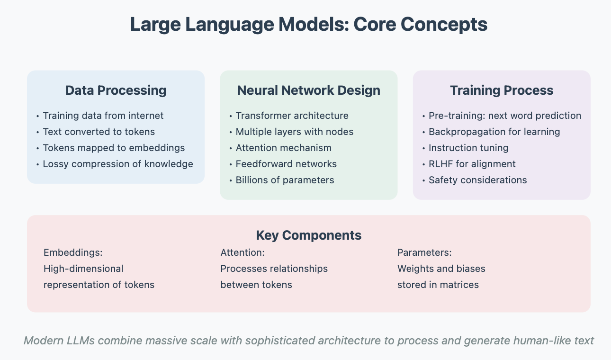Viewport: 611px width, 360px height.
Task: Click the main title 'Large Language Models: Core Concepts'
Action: pyautogui.click(x=309, y=25)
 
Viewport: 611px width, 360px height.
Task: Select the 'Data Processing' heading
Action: pyautogui.click(x=116, y=90)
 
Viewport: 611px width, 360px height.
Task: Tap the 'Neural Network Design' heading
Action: pyautogui.click(x=309, y=90)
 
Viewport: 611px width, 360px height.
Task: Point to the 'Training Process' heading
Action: pyautogui.click(x=502, y=90)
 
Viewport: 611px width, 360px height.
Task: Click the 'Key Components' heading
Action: pyautogui.click(x=309, y=235)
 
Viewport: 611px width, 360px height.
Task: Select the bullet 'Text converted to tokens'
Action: pyautogui.click(x=99, y=132)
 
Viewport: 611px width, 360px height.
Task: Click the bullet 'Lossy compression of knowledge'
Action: pyautogui.click(x=118, y=164)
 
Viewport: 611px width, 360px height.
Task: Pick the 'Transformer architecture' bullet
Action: pyautogui.click(x=292, y=116)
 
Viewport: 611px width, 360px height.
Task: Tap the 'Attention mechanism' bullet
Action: pyautogui.click(x=284, y=148)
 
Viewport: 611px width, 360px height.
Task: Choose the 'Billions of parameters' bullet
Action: pyautogui.click(x=285, y=180)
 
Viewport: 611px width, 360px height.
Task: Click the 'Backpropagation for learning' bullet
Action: pyautogui.click(x=494, y=132)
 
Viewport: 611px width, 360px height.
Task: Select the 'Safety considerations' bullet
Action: pyautogui.click(x=477, y=180)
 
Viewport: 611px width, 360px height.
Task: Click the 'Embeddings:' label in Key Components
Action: pyautogui.click(x=73, y=252)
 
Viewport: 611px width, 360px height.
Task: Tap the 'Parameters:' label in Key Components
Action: pyautogui.click(x=424, y=252)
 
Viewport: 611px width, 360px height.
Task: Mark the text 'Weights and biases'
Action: pyautogui.click(x=441, y=269)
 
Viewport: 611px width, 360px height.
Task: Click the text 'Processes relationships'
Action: pyautogui.click(x=274, y=269)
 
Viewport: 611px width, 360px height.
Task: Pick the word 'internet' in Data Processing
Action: pyautogui.click(x=146, y=116)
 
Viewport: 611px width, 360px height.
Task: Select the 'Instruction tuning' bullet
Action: pyautogui.click(x=468, y=148)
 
